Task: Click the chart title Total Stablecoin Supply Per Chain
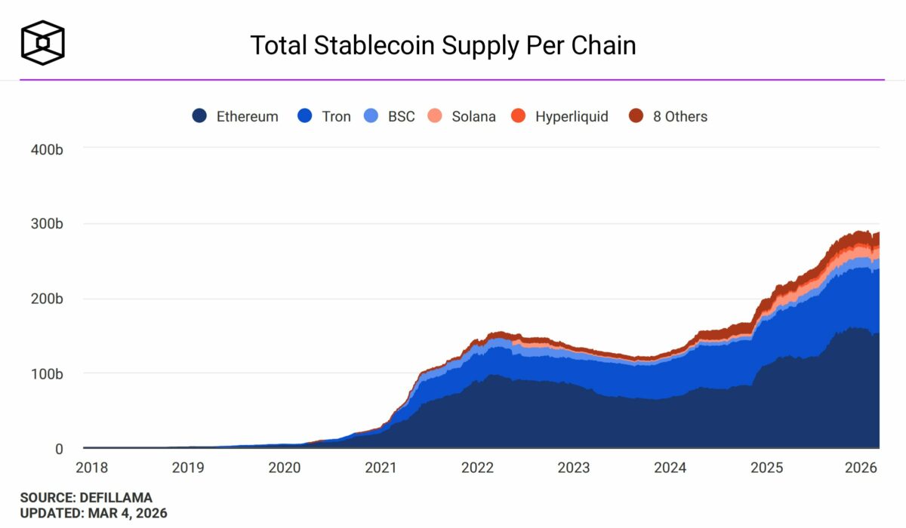(x=443, y=45)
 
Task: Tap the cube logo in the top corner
(x=43, y=42)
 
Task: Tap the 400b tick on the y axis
(x=47, y=149)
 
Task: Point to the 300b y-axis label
(x=47, y=224)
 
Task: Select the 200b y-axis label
(x=47, y=299)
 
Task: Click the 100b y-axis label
(x=47, y=373)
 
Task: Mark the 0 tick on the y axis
(x=58, y=449)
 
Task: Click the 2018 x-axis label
(x=92, y=468)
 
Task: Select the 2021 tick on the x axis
(x=381, y=468)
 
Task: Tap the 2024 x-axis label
(x=670, y=468)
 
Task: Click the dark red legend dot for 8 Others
(x=636, y=117)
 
